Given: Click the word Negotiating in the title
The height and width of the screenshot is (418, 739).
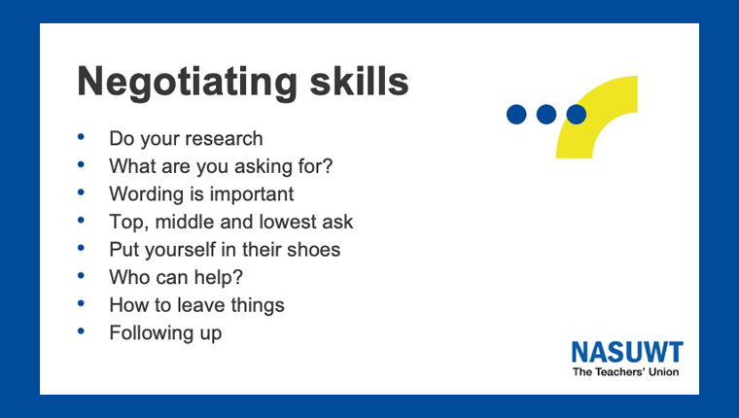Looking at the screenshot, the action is [x=187, y=83].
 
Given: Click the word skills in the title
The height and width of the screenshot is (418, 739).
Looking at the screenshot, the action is [x=359, y=80].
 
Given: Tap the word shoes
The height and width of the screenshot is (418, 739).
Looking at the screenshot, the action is [x=313, y=249].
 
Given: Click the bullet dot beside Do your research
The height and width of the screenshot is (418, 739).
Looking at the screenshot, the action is [x=81, y=137].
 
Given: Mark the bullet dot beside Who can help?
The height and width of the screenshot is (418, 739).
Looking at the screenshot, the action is [x=81, y=276].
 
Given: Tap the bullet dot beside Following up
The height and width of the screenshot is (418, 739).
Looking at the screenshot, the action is [x=81, y=331].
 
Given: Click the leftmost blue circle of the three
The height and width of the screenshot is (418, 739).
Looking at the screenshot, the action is [x=516, y=115].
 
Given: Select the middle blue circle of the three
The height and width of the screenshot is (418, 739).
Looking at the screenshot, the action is [x=546, y=115].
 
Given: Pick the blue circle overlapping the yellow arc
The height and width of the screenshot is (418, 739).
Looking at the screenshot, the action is [x=577, y=115].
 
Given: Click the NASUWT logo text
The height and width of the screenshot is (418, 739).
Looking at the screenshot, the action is [x=627, y=352].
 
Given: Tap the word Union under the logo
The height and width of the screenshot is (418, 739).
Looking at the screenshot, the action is [x=663, y=371].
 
